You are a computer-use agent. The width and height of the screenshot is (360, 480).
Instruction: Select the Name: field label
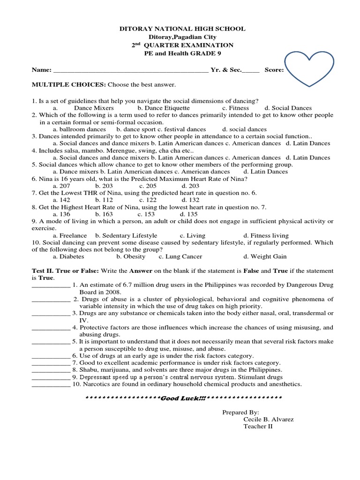[42, 70]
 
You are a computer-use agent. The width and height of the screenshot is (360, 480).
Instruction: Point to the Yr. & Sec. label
[226, 70]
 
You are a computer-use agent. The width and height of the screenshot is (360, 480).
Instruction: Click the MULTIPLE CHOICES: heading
[69, 85]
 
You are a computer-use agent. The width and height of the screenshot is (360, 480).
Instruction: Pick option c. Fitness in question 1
[235, 108]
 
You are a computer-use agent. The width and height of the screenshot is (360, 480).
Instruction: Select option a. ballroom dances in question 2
[79, 129]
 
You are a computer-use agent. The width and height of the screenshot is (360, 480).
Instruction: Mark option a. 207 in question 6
[61, 186]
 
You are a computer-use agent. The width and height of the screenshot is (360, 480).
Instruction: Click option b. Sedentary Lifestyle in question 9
[126, 235]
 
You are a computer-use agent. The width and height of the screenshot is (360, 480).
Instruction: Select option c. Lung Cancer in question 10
[180, 256]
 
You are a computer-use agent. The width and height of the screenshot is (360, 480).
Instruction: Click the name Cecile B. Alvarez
[269, 419]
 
